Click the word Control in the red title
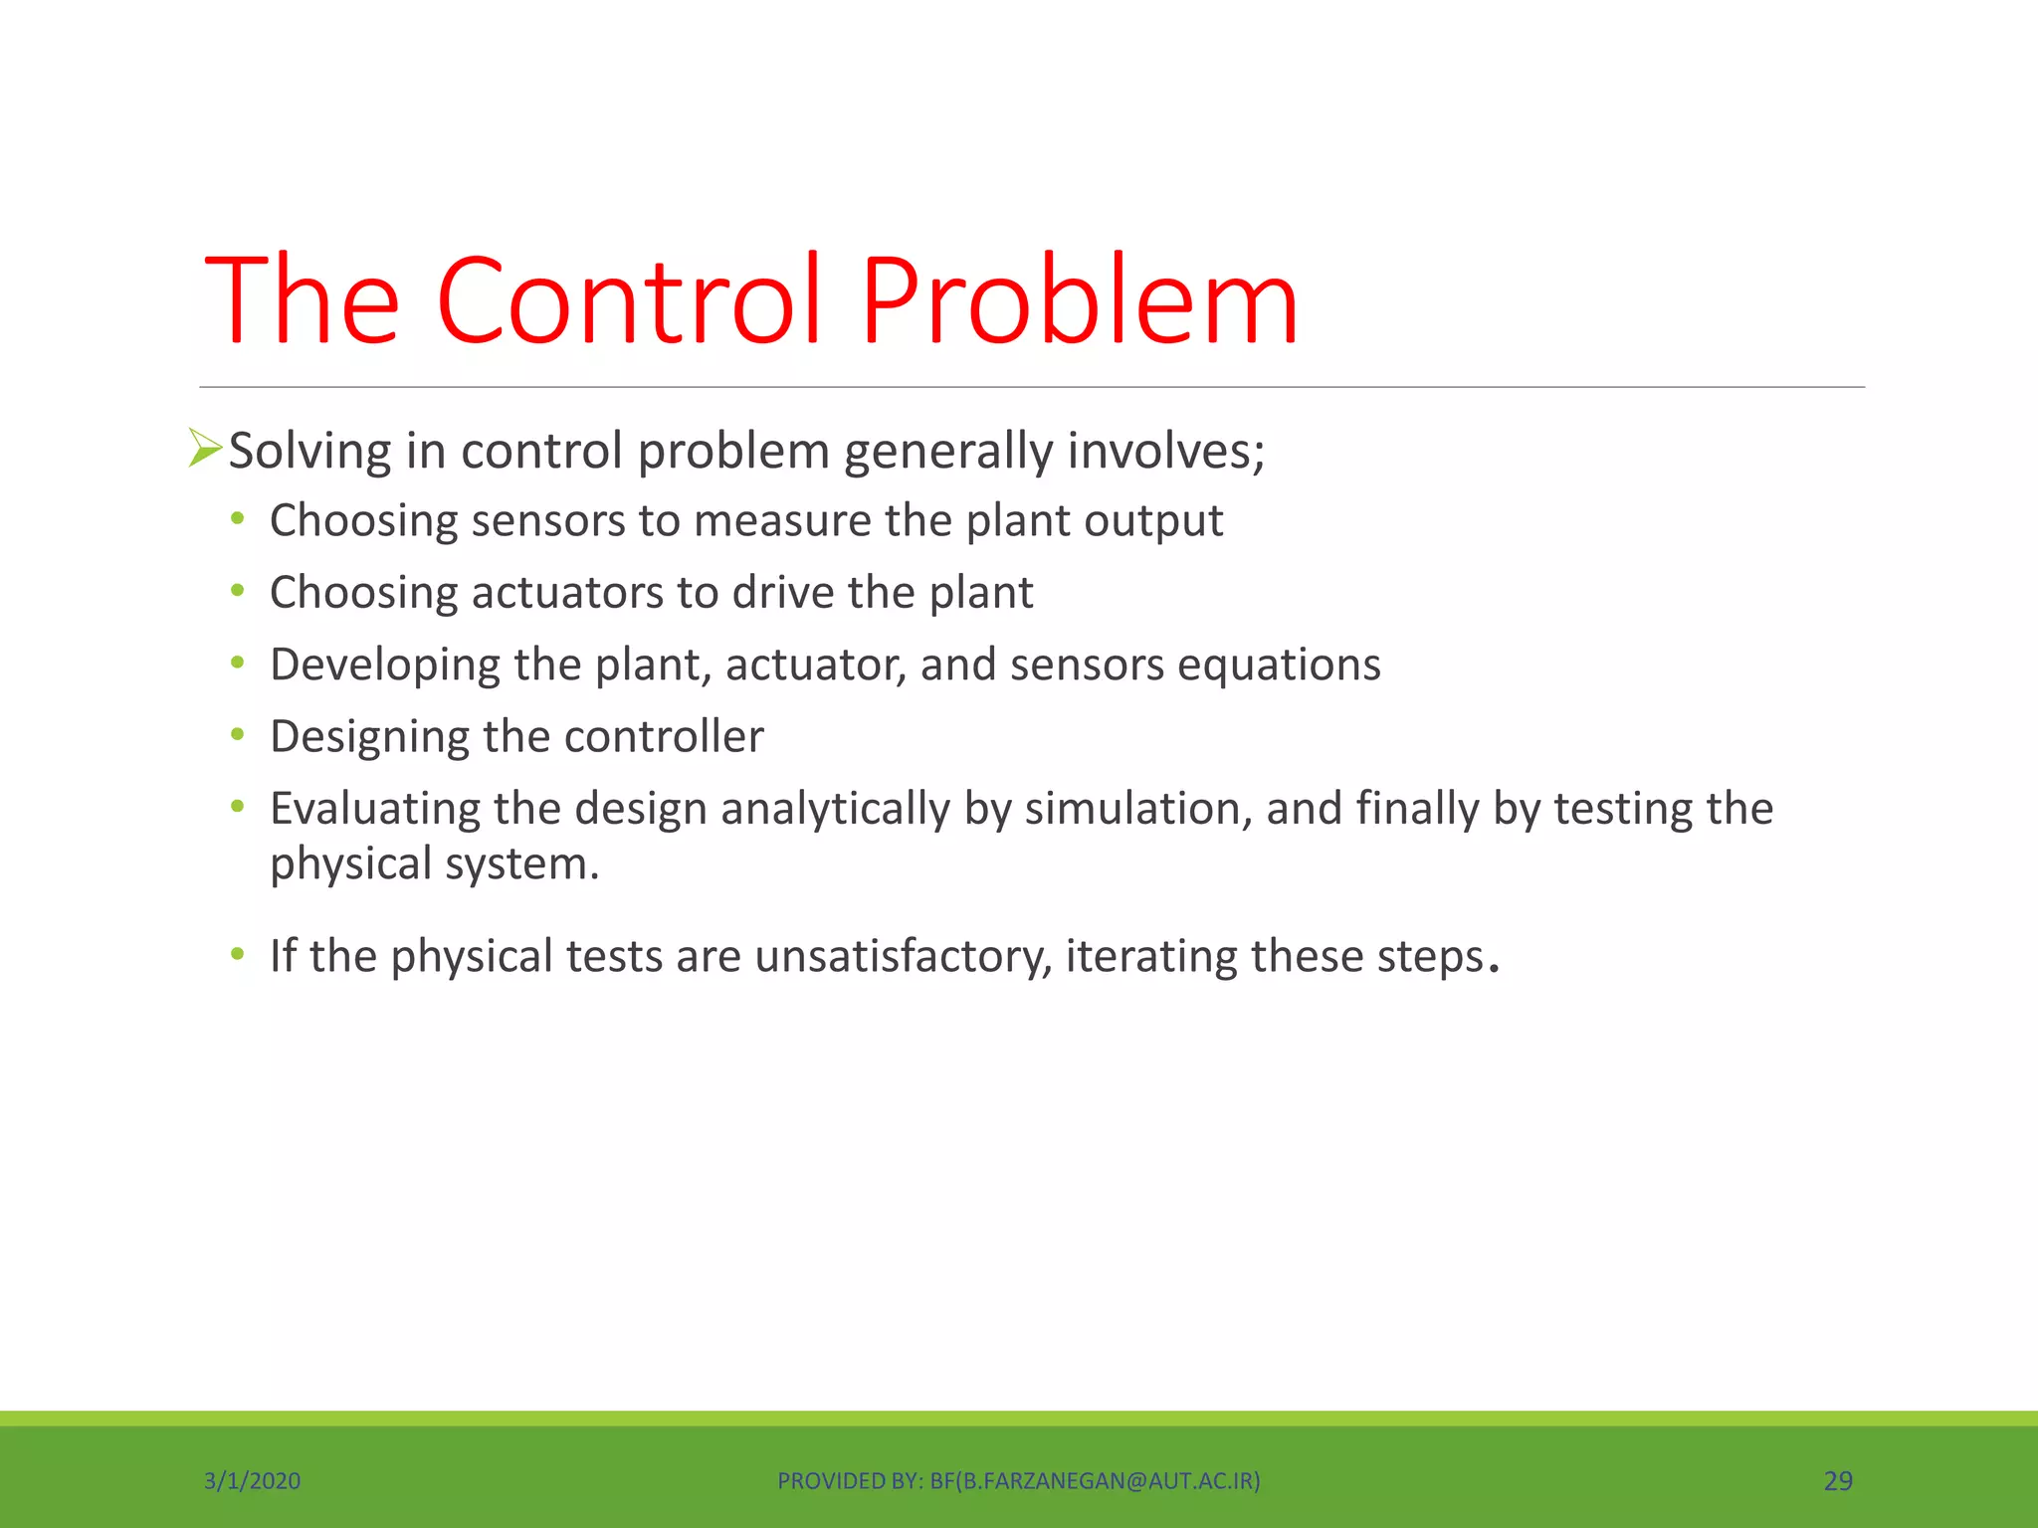(630, 300)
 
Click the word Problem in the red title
(1080, 300)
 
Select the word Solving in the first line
(309, 452)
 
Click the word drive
(783, 593)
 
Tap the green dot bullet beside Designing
(237, 735)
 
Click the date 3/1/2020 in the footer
(252, 1481)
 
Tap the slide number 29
(1837, 1481)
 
